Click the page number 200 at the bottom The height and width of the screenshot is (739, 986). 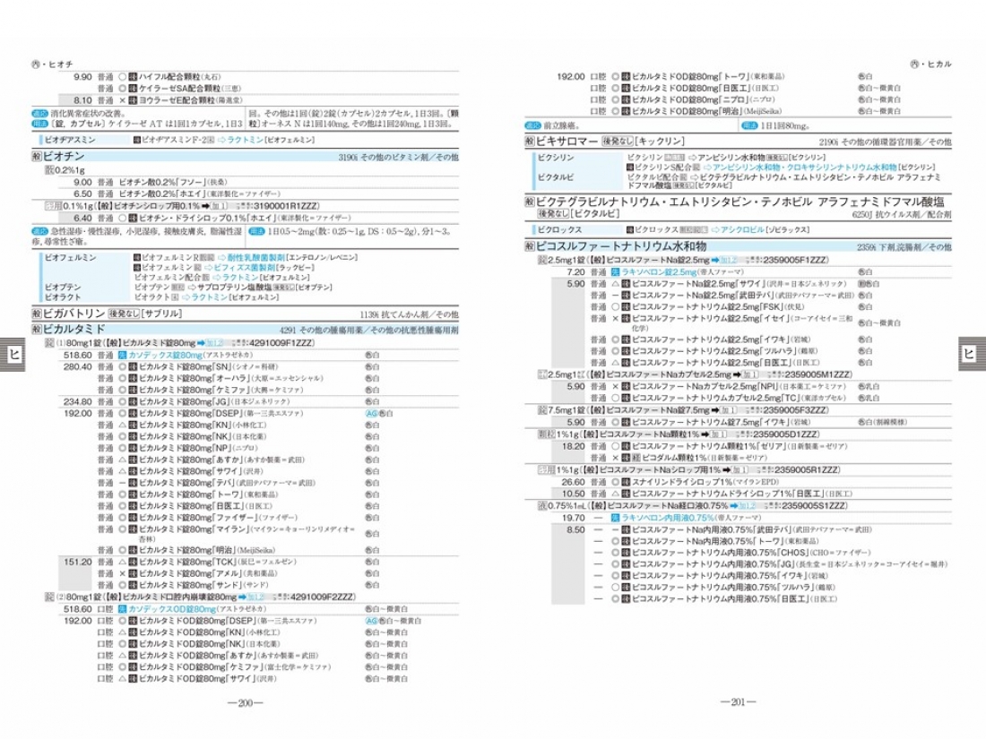245,703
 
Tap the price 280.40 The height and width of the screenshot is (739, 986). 77,366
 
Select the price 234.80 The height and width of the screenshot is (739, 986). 77,402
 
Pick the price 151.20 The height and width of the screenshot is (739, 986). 77,562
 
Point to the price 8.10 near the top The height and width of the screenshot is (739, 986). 82,100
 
